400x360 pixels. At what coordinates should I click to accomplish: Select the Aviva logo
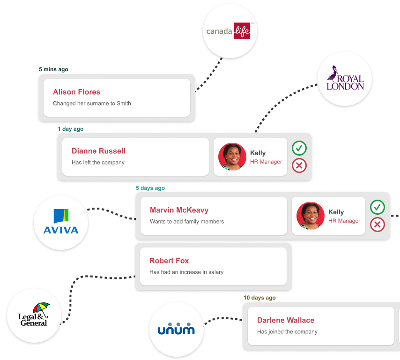tap(61, 222)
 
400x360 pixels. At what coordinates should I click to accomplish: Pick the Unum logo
tap(176, 328)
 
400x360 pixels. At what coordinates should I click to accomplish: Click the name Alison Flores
tap(76, 92)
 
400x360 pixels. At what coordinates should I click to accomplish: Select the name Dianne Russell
tap(98, 151)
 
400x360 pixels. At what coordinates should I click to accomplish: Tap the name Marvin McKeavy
tap(179, 210)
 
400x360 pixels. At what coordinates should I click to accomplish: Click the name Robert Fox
tap(169, 261)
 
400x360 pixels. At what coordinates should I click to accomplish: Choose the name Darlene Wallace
tap(286, 320)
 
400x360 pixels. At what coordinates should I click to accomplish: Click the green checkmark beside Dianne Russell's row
tap(299, 148)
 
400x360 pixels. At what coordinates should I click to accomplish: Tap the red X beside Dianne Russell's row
tap(299, 165)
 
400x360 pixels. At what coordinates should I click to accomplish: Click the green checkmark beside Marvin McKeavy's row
tap(378, 207)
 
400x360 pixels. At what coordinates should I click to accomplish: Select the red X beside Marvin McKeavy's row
tap(378, 225)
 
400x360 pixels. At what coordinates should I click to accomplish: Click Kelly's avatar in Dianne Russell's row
tap(232, 157)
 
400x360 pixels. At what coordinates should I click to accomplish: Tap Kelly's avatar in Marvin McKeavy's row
tap(311, 216)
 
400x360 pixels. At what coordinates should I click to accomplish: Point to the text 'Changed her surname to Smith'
tap(92, 103)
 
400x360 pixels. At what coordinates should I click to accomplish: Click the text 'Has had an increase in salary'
tap(186, 272)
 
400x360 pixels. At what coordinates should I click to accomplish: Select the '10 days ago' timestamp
tap(259, 298)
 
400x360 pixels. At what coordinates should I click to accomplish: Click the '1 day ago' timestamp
tap(71, 129)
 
